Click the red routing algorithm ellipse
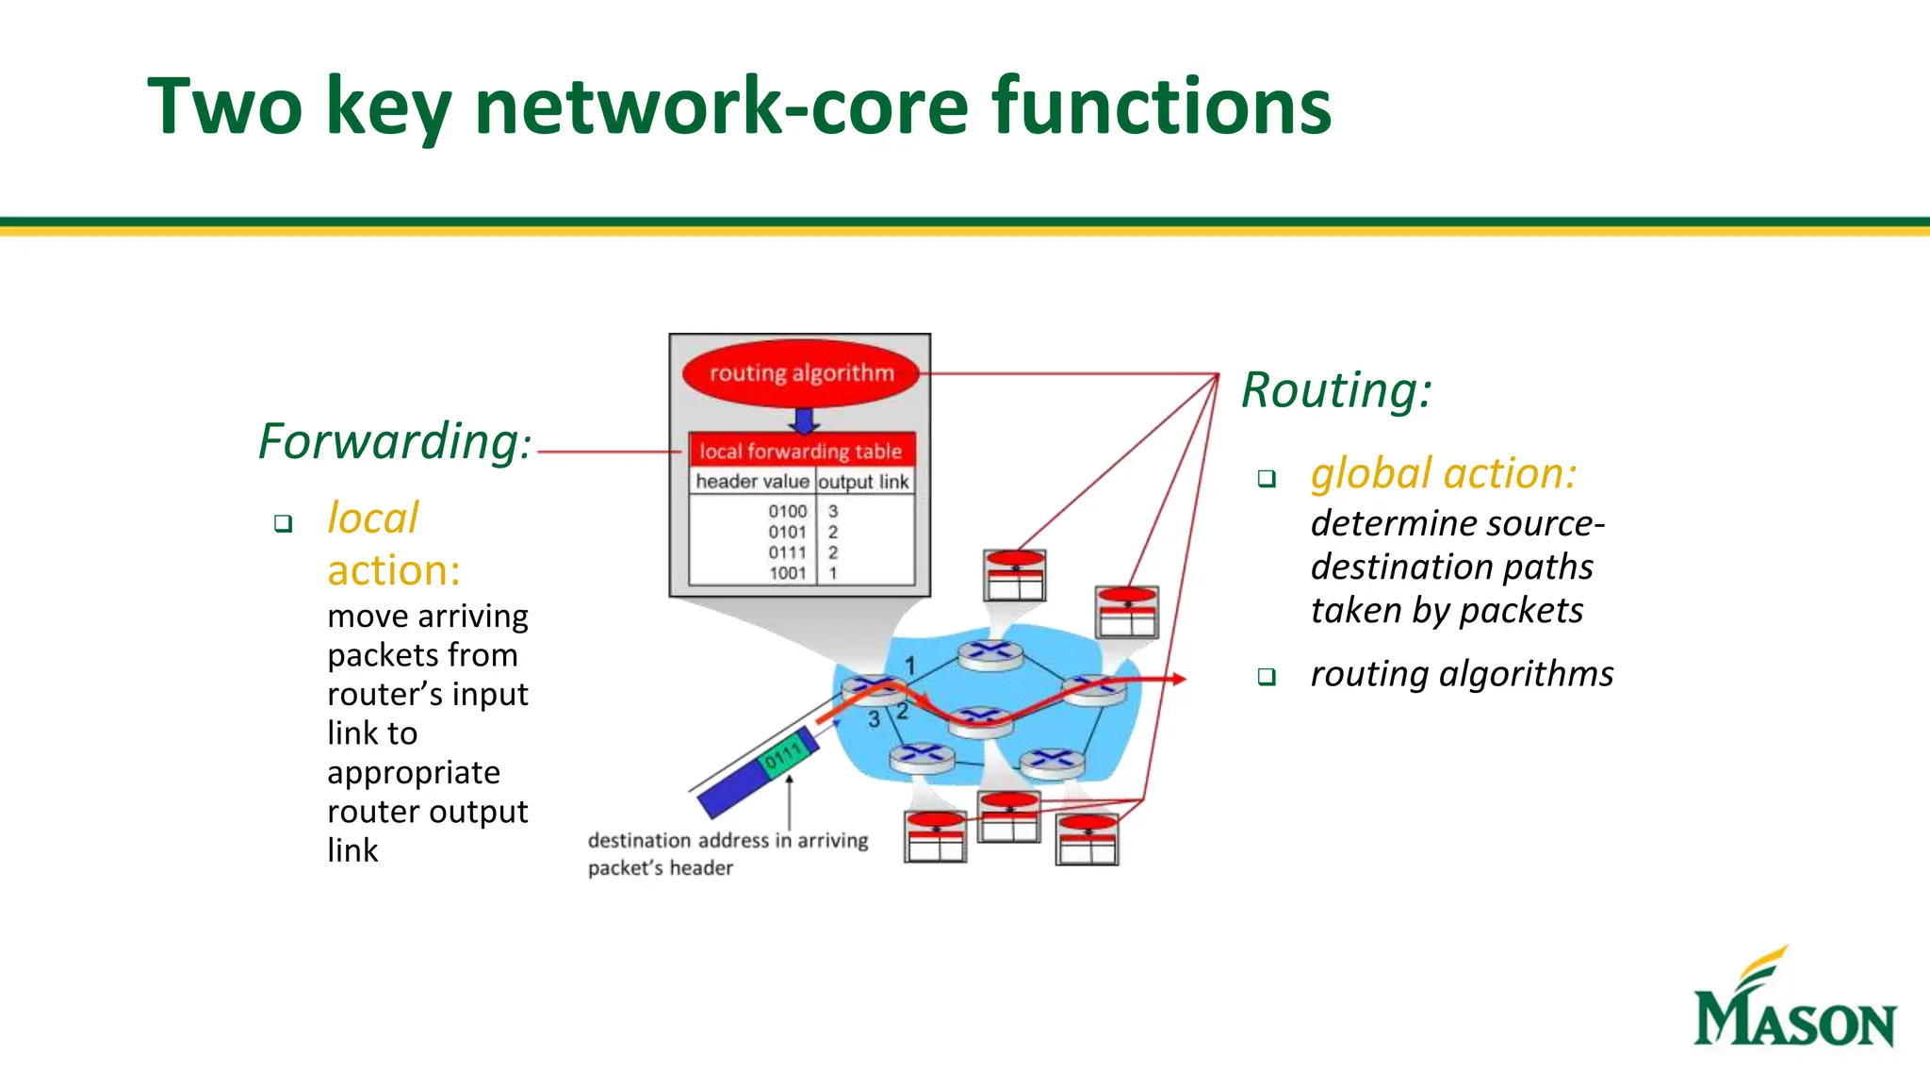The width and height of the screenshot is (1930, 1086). tap(801, 373)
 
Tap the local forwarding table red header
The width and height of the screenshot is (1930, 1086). tap(801, 451)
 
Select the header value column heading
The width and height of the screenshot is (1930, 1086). tap(752, 482)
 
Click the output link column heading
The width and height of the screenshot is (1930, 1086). tap(864, 482)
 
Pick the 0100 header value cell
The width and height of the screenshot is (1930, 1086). tap(788, 511)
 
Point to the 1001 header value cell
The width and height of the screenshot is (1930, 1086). tap(788, 572)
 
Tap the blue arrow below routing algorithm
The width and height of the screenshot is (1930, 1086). tap(804, 420)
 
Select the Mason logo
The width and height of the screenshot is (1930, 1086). tap(1793, 1001)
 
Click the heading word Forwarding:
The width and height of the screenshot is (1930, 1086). tap(395, 441)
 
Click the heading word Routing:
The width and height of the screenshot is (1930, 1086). tap(1336, 390)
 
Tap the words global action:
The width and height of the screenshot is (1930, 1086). tap(1443, 473)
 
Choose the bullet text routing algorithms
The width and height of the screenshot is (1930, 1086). tap(1462, 674)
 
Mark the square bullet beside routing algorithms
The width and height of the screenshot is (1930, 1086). tap(1267, 677)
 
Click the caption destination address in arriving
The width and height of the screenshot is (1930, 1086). tap(728, 840)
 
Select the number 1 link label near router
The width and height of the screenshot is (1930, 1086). tap(910, 666)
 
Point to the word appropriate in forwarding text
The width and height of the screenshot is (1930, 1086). tap(414, 773)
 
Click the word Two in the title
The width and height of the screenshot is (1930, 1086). tap(225, 106)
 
